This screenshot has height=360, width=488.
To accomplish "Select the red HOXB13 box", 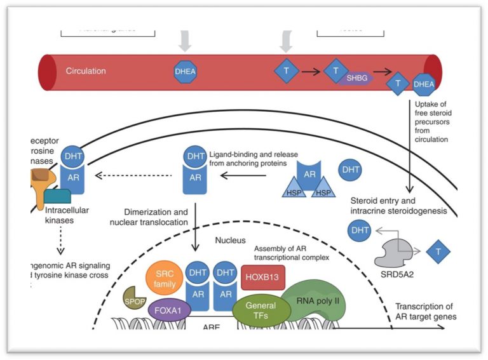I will [263, 276].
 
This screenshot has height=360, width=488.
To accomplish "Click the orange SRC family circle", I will [165, 277].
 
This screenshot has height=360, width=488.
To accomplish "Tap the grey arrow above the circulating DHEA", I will [183, 41].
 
